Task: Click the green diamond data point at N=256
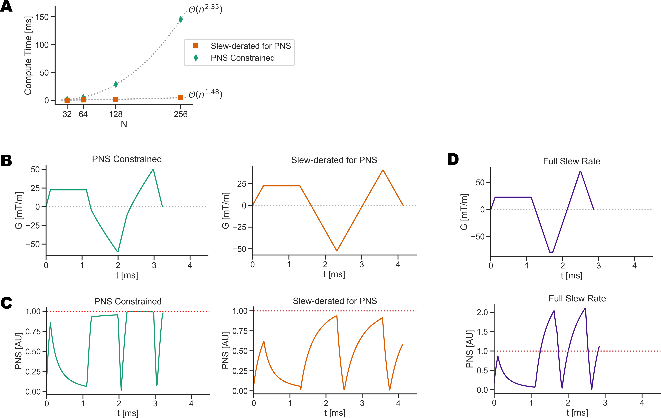181,19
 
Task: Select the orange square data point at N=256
181,98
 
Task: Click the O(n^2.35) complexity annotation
205,9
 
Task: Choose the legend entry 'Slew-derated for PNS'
250,46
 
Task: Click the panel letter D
453,159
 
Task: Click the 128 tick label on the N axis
116,114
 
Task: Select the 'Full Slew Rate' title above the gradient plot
572,161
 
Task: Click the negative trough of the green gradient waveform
118,251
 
